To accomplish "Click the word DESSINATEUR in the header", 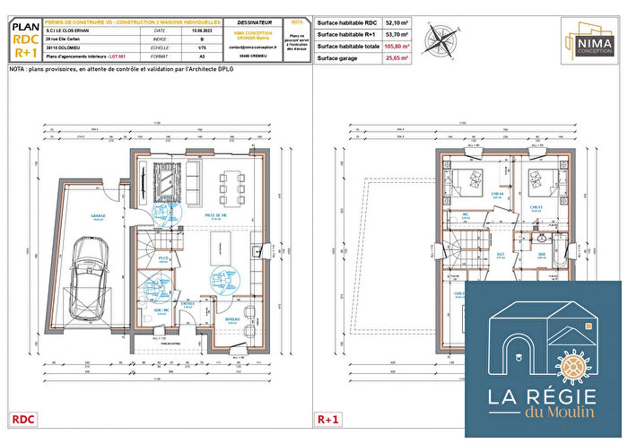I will coord(255,21).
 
